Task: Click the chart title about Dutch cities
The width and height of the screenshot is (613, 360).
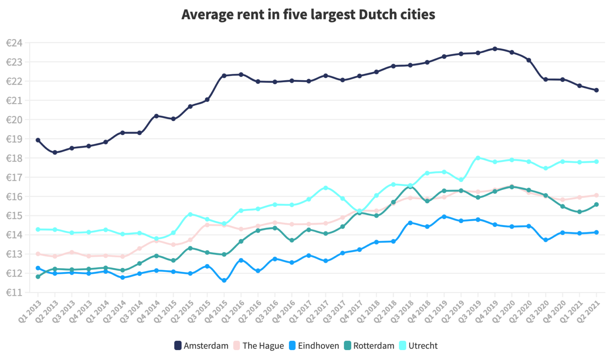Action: click(308, 15)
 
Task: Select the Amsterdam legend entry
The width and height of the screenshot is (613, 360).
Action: click(202, 346)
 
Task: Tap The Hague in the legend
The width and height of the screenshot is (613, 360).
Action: click(259, 346)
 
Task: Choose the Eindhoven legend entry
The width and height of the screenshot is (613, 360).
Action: click(314, 346)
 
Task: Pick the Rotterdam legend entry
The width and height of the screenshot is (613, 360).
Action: click(369, 346)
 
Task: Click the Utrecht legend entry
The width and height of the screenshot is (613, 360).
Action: click(418, 346)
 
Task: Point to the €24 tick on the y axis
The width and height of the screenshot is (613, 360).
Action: click(14, 43)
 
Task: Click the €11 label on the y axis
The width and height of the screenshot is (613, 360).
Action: click(14, 293)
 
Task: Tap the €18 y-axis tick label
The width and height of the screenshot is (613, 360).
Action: click(14, 158)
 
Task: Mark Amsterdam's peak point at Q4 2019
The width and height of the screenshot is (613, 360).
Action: click(495, 49)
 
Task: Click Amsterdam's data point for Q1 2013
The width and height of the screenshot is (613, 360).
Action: click(38, 140)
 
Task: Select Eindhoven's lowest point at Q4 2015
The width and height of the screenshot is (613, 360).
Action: click(224, 281)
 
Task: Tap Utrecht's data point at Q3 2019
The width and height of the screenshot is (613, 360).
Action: click(478, 158)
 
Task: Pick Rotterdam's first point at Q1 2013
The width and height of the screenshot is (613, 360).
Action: click(38, 277)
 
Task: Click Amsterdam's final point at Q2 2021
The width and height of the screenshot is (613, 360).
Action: click(597, 90)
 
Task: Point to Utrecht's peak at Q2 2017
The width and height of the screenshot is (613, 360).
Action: click(326, 188)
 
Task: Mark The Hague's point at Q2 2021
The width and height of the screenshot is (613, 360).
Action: click(597, 195)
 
